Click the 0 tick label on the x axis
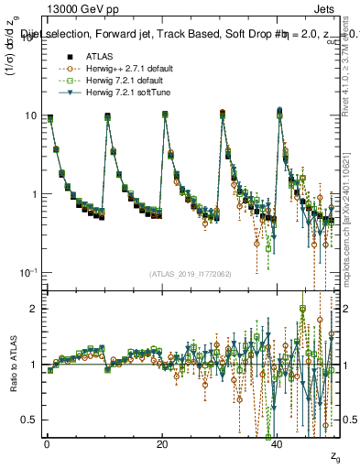pyautogui.click(x=47, y=444)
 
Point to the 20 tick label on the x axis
pyautogui.click(x=162, y=444)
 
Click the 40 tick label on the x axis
pyautogui.click(x=278, y=444)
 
